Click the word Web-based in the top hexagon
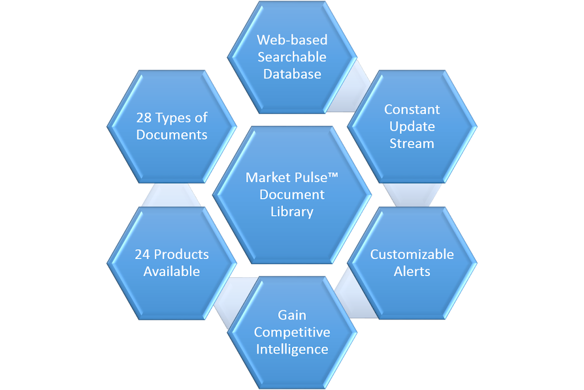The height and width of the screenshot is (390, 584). (x=292, y=40)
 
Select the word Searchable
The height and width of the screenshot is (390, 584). (x=292, y=57)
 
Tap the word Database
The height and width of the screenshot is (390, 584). (x=292, y=74)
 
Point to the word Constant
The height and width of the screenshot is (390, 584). (x=412, y=109)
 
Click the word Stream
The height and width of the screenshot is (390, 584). (x=412, y=143)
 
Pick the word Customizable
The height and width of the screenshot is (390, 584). (x=412, y=254)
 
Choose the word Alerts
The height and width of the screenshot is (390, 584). (x=412, y=272)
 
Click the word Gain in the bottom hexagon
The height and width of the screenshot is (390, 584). (x=292, y=315)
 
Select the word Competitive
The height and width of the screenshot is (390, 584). (x=292, y=332)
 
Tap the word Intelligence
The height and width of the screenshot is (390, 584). (x=292, y=350)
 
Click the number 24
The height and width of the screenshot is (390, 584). (x=142, y=254)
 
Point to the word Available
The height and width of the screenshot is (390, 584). (x=172, y=272)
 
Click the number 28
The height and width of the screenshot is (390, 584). (x=144, y=118)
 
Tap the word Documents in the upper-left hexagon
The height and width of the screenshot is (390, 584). (x=172, y=134)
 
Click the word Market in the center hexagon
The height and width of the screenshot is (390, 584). (x=267, y=178)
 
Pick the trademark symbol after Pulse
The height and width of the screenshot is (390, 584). (x=333, y=175)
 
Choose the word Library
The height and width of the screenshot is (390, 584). (x=292, y=212)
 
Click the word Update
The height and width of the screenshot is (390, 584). (x=412, y=127)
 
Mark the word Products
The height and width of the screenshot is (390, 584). (x=181, y=254)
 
